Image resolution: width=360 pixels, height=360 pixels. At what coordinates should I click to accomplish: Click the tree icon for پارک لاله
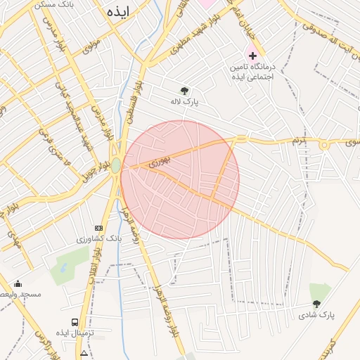pos(184,91)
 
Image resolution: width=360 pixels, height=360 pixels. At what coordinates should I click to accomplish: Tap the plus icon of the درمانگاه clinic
pos(252,55)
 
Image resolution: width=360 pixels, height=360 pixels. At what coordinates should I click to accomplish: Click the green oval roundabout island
pos(115,166)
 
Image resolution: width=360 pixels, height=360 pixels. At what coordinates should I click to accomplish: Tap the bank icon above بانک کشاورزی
pos(98,228)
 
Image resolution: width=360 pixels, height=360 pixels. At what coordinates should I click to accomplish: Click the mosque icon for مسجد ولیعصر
pos(18,283)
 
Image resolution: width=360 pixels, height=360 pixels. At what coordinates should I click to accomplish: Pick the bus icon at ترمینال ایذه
pos(75,322)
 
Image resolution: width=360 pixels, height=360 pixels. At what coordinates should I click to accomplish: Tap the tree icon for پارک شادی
pos(316,304)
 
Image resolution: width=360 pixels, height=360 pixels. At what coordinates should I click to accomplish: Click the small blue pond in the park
pos(62,268)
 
